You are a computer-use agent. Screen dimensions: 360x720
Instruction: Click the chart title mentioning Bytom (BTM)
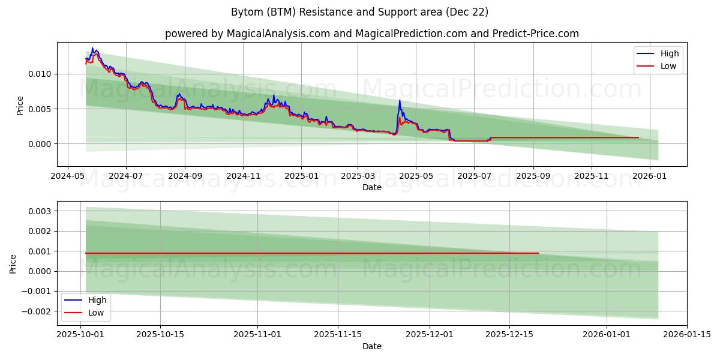pyautogui.click(x=359, y=12)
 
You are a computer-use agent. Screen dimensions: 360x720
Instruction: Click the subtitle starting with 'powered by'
pyautogui.click(x=371, y=34)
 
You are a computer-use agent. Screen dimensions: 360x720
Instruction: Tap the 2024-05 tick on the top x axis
pyautogui.click(x=67, y=176)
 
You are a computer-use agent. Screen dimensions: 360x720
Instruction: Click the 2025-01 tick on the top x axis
pyautogui.click(x=301, y=176)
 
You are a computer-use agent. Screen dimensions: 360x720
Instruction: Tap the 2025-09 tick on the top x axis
pyautogui.click(x=533, y=176)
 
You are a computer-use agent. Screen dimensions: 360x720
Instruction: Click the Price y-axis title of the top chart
pyautogui.click(x=20, y=105)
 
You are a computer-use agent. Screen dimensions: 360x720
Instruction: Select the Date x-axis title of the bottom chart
pyautogui.click(x=371, y=346)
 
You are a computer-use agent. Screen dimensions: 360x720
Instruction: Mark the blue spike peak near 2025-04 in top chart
pyautogui.click(x=400, y=101)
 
